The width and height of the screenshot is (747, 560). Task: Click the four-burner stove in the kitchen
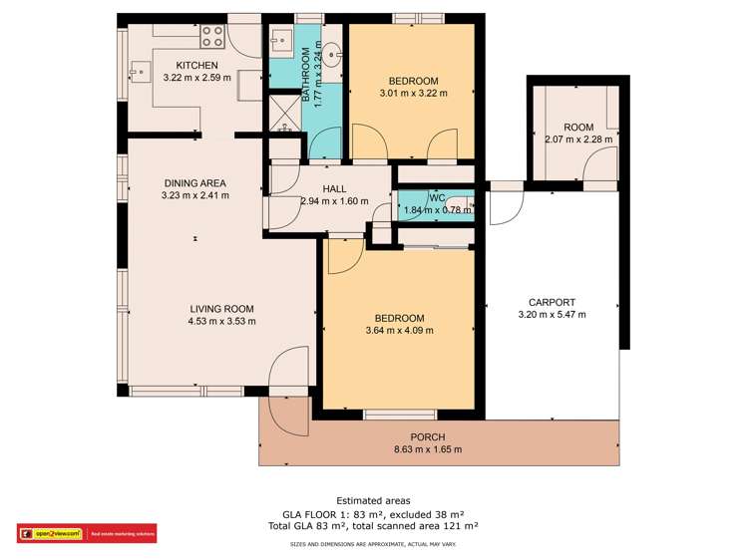[212, 37]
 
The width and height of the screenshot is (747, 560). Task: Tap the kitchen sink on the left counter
[137, 71]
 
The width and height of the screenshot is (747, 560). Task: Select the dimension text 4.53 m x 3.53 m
[221, 321]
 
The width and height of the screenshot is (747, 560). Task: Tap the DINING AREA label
[194, 183]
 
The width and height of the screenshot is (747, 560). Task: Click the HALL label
[334, 188]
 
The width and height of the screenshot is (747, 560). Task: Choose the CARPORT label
[552, 302]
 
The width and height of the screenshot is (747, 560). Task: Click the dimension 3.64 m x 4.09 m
[399, 330]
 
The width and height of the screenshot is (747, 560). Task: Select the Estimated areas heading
[373, 501]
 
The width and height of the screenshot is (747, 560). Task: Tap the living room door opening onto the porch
[289, 371]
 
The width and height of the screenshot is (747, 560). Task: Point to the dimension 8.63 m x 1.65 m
[427, 449]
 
